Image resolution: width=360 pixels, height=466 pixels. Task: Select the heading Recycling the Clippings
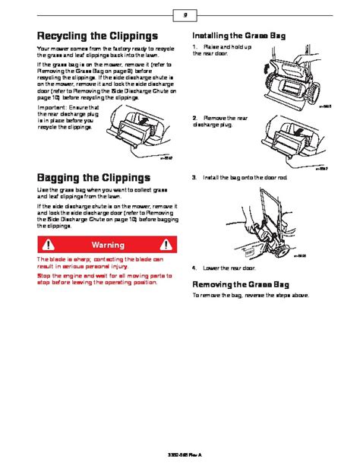pyautogui.click(x=98, y=36)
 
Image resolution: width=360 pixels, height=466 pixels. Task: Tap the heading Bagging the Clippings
pyautogui.click(x=94, y=176)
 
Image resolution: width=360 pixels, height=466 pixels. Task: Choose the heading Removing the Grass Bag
pyautogui.click(x=241, y=283)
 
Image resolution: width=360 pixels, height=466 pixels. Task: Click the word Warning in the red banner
pyautogui.click(x=108, y=245)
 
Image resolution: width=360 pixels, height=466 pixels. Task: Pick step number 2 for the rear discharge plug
pyautogui.click(x=194, y=118)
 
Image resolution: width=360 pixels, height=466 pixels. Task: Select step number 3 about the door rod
pyautogui.click(x=194, y=177)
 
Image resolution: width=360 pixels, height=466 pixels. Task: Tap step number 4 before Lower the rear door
pyautogui.click(x=194, y=268)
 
